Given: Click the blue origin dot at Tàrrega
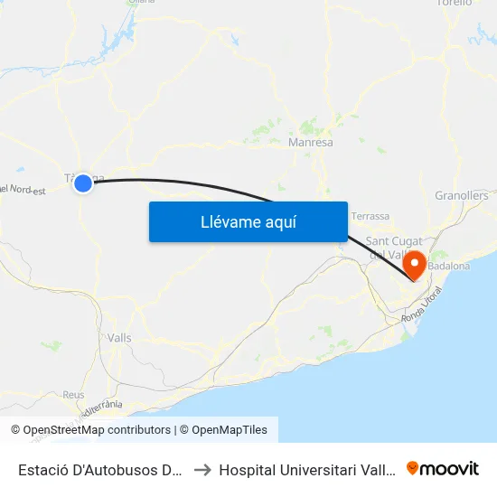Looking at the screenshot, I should pos(83,183).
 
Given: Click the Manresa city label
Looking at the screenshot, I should pos(310,143).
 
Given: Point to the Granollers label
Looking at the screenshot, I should pos(461,195).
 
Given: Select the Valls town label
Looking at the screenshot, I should pos(119,337).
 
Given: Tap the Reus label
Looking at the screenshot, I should pos(73,395).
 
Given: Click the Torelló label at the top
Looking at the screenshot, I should pos(455,4).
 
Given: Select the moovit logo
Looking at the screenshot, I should pos(443,468).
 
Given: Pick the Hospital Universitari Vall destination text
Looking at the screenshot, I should pos(306,469).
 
